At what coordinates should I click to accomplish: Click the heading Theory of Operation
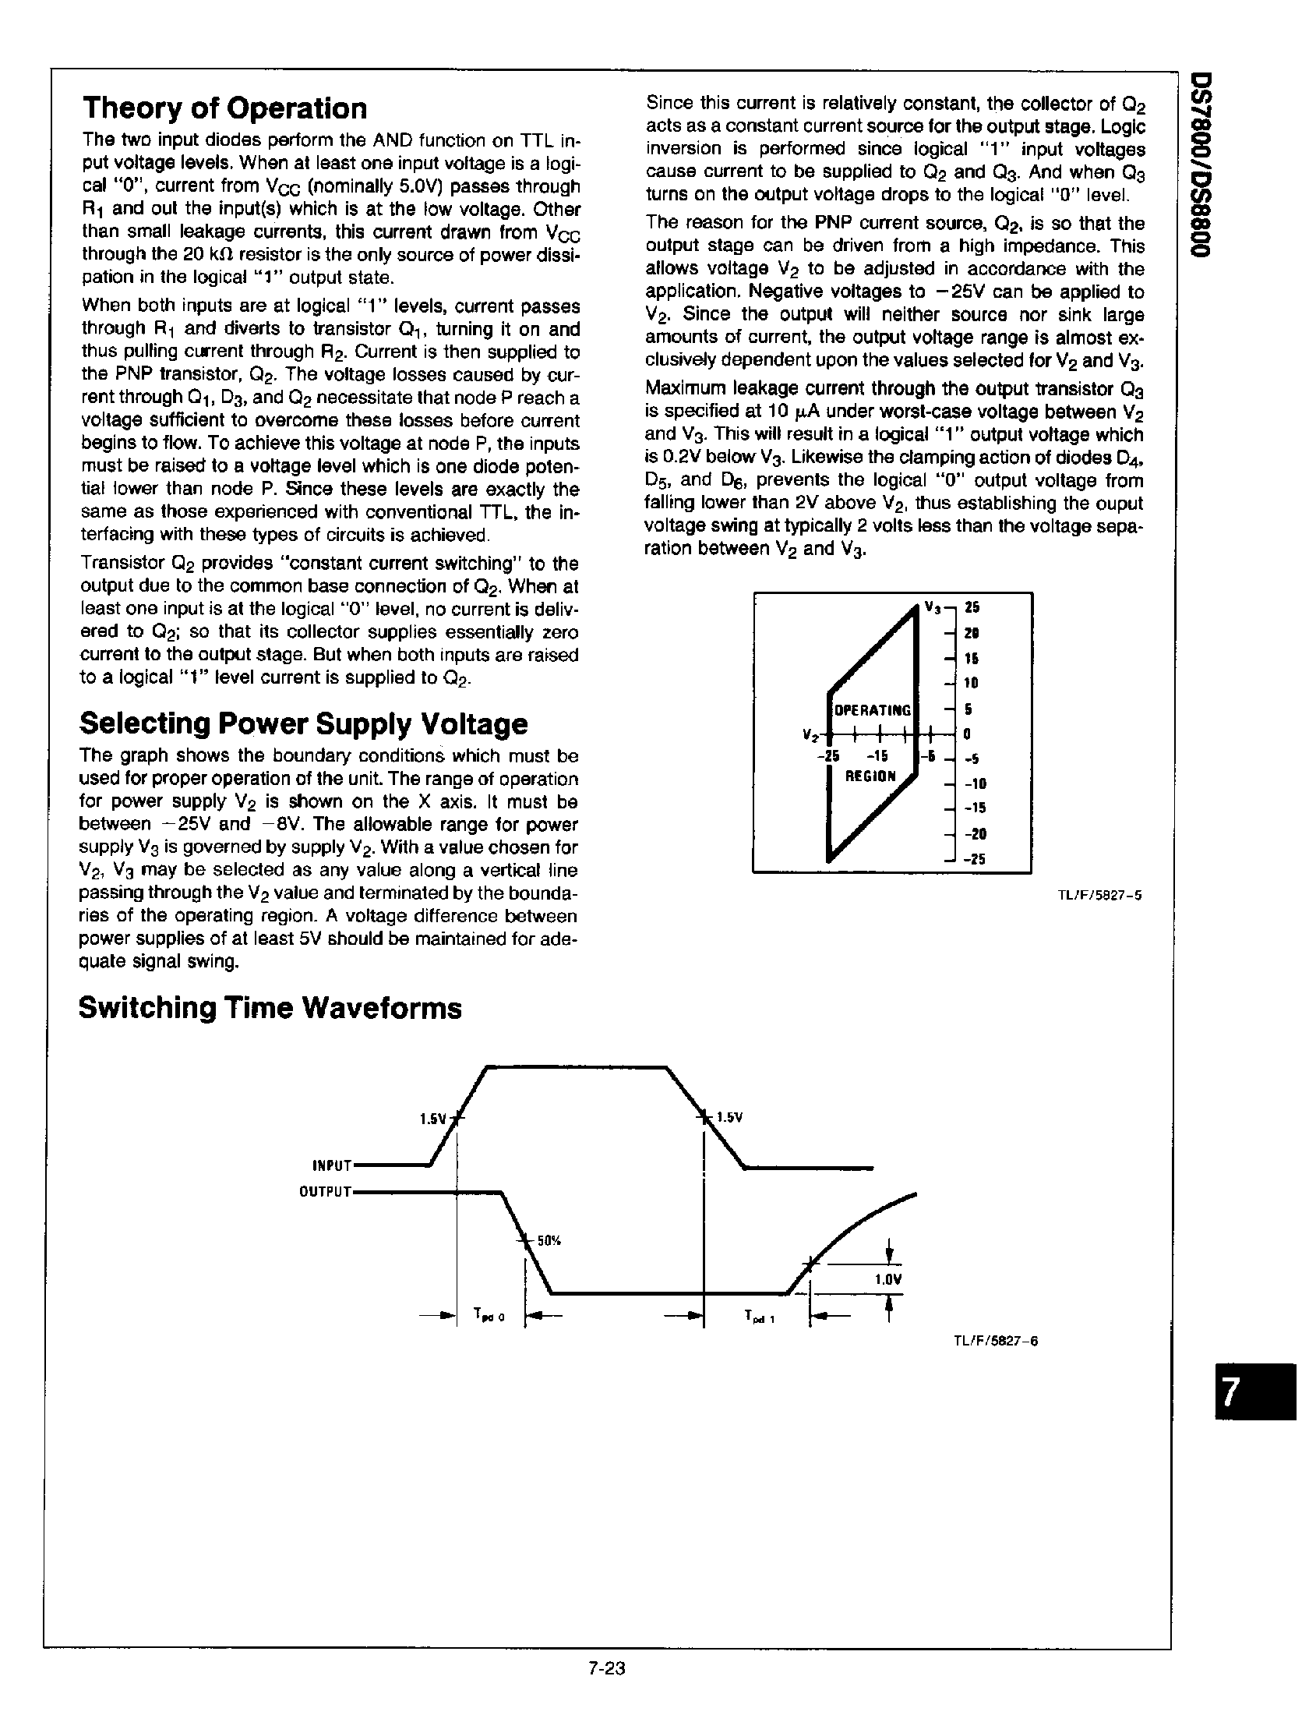click(x=224, y=108)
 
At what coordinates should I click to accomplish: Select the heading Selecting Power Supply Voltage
click(x=303, y=723)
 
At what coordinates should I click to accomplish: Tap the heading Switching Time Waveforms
click(x=270, y=1008)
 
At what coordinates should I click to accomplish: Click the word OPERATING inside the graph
click(x=872, y=711)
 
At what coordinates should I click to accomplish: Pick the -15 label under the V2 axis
click(x=877, y=756)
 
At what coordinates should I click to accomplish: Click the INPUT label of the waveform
click(x=333, y=1166)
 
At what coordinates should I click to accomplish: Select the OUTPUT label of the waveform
click(x=326, y=1192)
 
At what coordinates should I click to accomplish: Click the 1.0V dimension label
click(x=887, y=1280)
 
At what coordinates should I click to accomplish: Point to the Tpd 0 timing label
click(x=489, y=1316)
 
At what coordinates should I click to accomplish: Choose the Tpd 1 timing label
click(x=759, y=1317)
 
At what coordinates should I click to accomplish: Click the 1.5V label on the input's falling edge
click(x=729, y=1117)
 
